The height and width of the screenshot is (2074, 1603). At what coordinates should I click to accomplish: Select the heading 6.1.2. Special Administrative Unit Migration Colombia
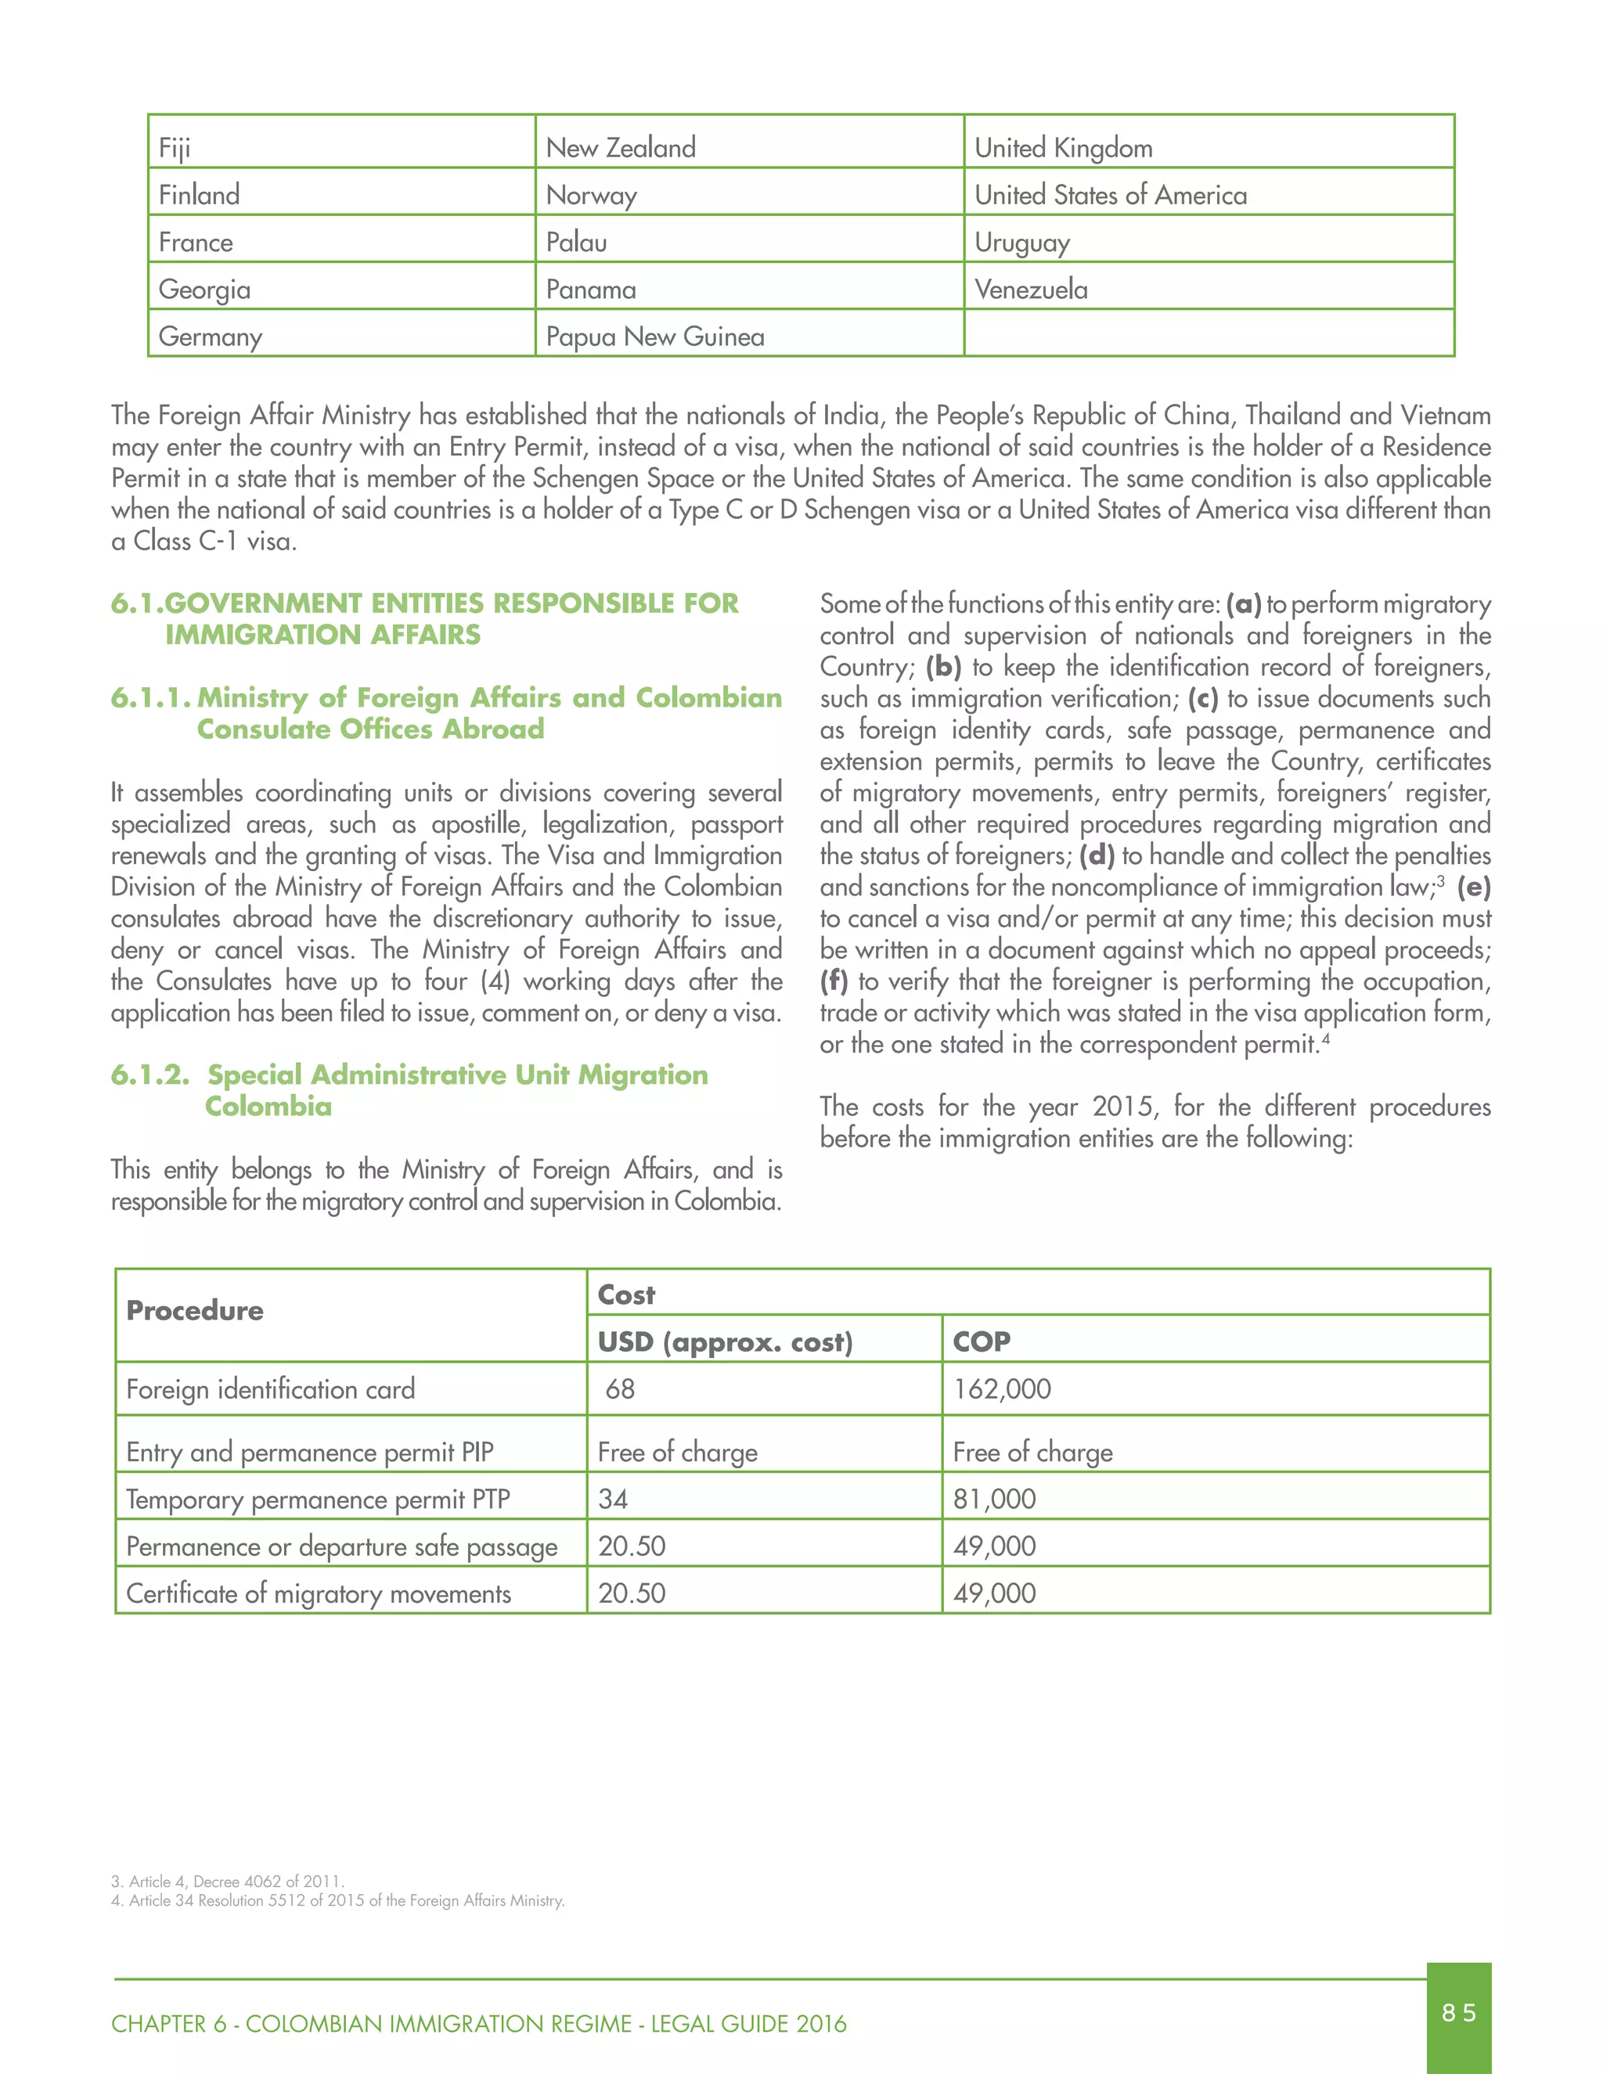point(410,1089)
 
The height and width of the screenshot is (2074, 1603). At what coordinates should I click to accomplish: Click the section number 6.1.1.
point(150,697)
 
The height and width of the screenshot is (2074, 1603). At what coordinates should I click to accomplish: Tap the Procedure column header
point(195,1310)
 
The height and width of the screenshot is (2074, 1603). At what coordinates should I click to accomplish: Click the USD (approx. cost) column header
point(725,1341)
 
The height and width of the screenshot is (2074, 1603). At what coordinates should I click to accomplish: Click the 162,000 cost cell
point(1002,1388)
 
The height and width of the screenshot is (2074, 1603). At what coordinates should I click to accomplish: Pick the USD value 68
point(619,1388)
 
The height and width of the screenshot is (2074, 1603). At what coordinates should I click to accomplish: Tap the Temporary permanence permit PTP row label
point(318,1499)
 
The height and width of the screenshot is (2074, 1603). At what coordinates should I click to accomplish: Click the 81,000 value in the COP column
point(994,1499)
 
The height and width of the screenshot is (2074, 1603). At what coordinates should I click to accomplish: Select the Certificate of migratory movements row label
point(318,1593)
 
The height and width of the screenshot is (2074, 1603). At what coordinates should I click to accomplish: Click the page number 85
point(1457,2012)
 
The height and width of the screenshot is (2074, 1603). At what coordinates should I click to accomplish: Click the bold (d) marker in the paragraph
point(1097,855)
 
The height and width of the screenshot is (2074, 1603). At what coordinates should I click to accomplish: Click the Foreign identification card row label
point(271,1388)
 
